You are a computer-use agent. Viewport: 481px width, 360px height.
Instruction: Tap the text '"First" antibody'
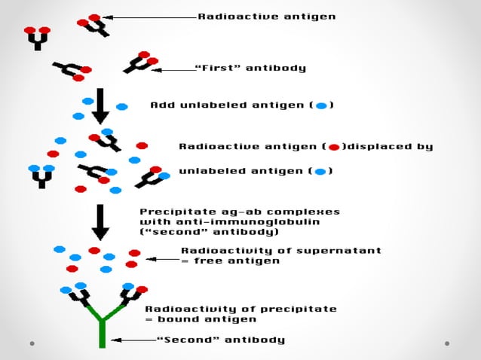click(250, 68)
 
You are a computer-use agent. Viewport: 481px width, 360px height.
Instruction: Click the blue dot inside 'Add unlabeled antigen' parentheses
click(321, 105)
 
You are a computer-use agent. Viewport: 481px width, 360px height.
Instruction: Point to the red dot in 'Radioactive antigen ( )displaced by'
click(334, 147)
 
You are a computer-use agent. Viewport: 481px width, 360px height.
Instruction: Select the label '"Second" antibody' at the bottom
click(220, 340)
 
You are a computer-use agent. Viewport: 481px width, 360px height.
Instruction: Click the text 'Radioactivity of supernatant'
click(280, 251)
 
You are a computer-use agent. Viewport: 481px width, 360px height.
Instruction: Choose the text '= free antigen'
click(230, 261)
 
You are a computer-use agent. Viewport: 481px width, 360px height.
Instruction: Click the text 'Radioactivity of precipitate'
click(240, 309)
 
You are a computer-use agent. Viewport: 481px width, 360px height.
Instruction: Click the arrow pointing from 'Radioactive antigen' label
click(148, 16)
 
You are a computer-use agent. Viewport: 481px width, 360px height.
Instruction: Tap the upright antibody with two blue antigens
click(41, 176)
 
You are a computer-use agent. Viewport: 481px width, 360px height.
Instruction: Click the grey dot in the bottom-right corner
click(447, 343)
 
